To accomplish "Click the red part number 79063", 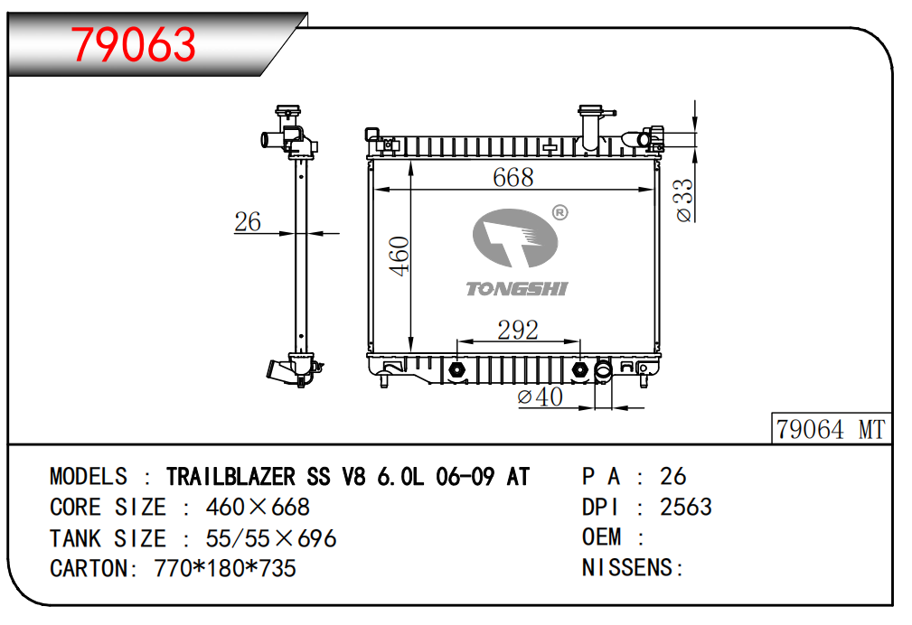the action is click(134, 44).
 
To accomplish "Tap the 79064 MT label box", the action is click(832, 428).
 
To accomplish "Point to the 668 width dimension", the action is click(513, 177).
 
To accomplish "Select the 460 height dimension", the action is click(400, 256).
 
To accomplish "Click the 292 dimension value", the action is click(518, 331).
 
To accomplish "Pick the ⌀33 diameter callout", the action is click(684, 200).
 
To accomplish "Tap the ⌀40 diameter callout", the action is click(540, 397).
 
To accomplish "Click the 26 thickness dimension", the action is click(247, 221).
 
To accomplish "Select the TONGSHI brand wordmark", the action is click(516, 288).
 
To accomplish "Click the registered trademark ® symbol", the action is click(559, 213).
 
